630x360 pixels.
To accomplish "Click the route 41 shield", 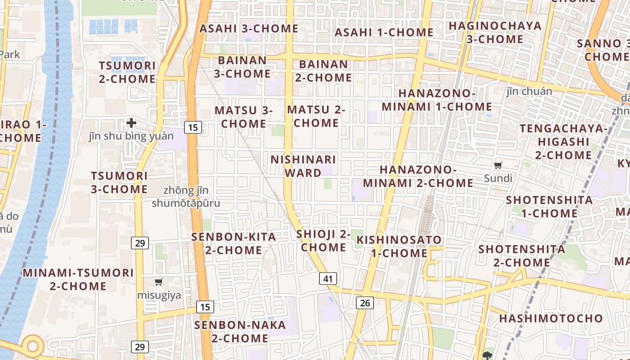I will tap(328, 279).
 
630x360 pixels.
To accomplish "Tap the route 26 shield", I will tap(365, 303).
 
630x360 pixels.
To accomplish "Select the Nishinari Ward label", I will tap(303, 166).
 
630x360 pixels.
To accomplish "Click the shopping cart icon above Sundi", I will tap(498, 165).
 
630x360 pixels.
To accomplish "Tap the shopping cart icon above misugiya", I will tap(158, 282).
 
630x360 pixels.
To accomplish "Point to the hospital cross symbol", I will tap(131, 122).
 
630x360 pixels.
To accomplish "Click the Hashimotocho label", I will tap(551, 319).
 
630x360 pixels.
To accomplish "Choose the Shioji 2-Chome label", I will tap(324, 240).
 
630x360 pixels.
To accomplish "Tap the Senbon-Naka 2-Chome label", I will tap(240, 331).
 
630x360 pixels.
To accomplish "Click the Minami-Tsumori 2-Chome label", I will tap(78, 279).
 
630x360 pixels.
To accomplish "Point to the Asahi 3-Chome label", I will tap(249, 28).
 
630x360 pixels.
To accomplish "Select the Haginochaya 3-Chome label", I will tap(495, 32).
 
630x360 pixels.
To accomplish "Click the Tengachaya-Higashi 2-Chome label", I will tap(563, 142).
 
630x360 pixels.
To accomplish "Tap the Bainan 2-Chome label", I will tap(324, 71).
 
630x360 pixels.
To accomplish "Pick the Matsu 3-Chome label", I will tap(244, 117).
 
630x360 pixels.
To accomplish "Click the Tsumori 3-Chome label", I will tap(119, 182).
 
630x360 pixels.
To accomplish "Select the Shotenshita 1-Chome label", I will tap(549, 206).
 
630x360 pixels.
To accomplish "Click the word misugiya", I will tap(159, 295).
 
